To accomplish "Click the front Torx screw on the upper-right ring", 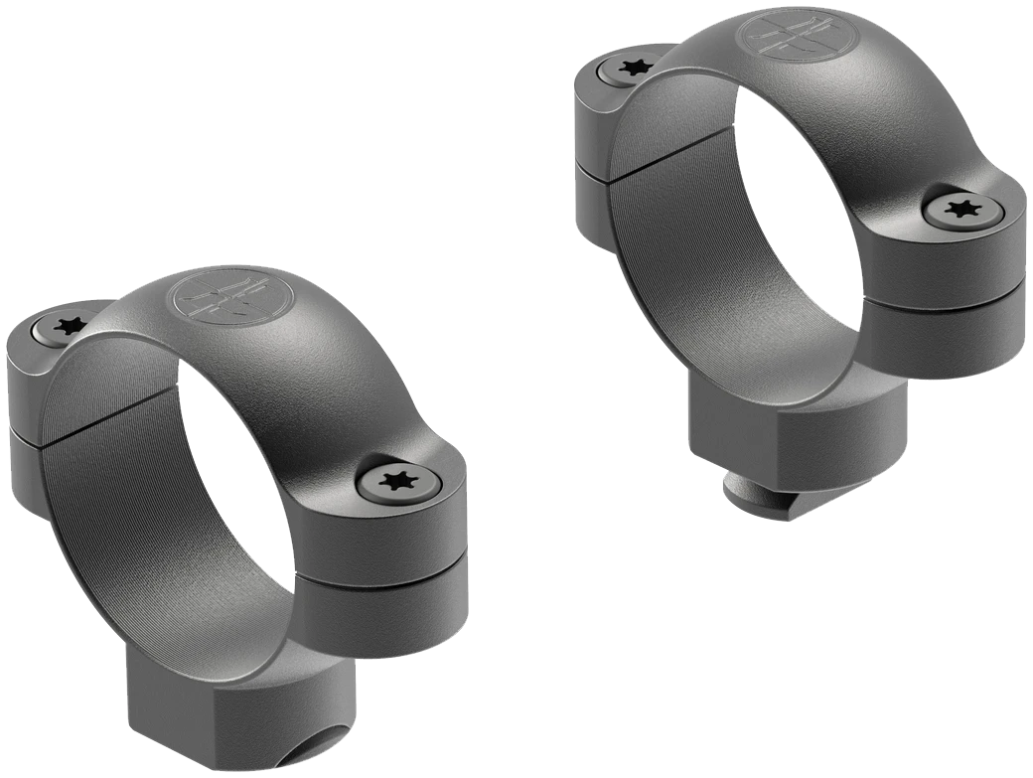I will tap(959, 210).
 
